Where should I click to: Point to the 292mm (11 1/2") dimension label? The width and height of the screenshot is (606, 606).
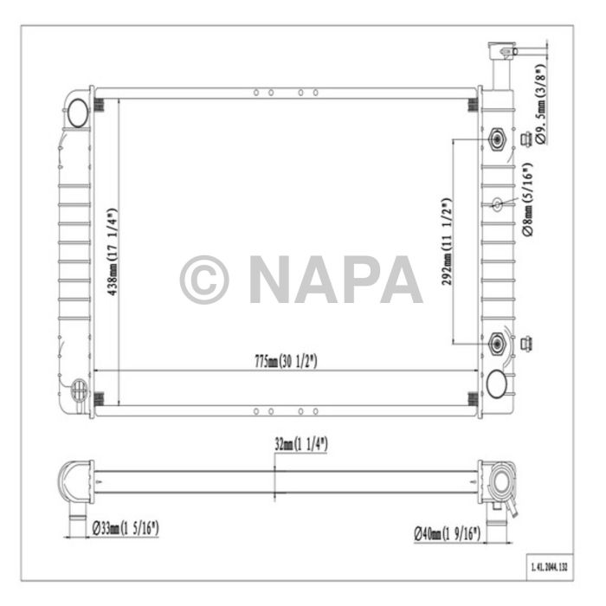point(446,242)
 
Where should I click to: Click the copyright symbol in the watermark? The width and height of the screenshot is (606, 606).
point(204,280)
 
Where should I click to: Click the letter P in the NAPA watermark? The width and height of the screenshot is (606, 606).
point(355,280)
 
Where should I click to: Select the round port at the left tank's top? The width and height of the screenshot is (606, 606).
point(77,111)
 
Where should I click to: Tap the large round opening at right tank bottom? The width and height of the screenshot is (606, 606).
point(496,383)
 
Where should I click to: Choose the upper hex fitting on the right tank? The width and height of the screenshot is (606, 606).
point(497,139)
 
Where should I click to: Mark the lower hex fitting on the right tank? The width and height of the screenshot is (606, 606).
point(497,344)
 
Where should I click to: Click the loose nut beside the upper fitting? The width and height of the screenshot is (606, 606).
point(525,139)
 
